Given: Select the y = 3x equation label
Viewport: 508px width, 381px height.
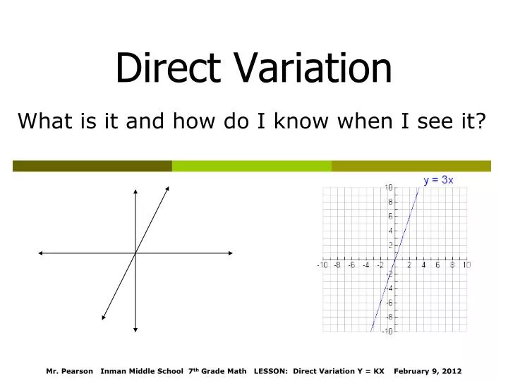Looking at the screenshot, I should [x=438, y=180].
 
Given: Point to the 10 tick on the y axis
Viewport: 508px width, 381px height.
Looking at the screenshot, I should [x=389, y=188].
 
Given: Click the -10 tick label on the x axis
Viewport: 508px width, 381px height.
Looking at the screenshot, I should [x=322, y=265].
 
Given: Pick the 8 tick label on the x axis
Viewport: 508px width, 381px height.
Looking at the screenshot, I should [x=452, y=265].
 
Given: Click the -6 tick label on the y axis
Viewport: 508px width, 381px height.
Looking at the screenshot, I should [x=389, y=303].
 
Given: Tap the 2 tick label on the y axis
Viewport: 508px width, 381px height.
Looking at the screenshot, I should [x=390, y=245].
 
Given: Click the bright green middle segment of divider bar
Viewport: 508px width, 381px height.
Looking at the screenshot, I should [x=251, y=166].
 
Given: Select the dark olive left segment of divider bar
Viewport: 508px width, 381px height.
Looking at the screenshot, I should [x=92, y=166].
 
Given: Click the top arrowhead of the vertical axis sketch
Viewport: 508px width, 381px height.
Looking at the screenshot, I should [x=135, y=191].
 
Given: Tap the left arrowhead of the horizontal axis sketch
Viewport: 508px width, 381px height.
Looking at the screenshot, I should [x=42, y=253].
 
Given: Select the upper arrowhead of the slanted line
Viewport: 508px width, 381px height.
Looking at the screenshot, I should [x=168, y=188].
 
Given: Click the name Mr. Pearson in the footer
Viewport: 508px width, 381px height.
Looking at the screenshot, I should [x=69, y=370].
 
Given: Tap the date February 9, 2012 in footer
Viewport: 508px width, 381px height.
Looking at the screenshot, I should [x=428, y=370].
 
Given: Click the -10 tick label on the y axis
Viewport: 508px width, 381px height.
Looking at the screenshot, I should [x=387, y=332].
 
